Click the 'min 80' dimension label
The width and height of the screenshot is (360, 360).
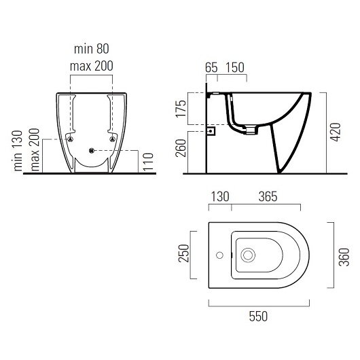click(92, 49)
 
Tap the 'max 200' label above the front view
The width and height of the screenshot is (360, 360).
click(92, 66)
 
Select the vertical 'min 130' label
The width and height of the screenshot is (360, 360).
click(18, 151)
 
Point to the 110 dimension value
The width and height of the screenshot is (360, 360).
click(148, 162)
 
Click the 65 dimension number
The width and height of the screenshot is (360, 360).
click(211, 67)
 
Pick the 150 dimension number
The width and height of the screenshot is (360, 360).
click(235, 67)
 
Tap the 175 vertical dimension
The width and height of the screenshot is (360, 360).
click(181, 109)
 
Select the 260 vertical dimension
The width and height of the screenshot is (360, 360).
click(181, 148)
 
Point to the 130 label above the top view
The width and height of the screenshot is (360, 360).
click(220, 197)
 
